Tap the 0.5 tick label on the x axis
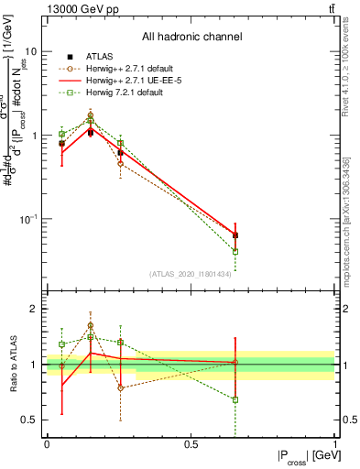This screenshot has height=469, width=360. pos(191,443)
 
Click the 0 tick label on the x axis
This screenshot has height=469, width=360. pos(47,443)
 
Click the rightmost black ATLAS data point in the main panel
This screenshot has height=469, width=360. pos(235,235)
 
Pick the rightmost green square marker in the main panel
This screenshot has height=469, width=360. pos(235,251)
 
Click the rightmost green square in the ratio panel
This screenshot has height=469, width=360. pos(235,399)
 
